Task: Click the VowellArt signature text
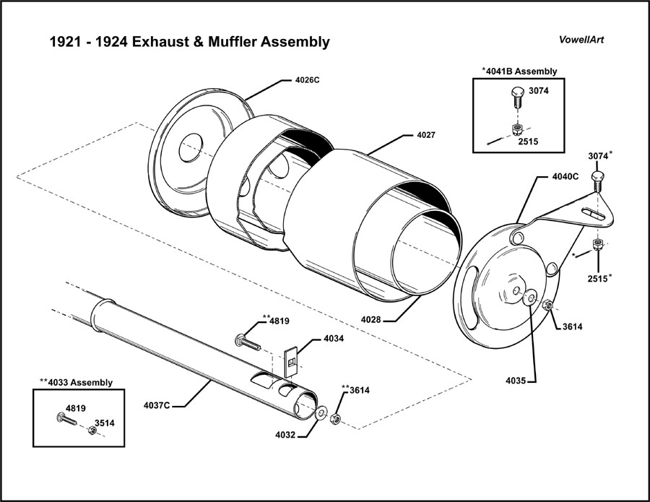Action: (582, 40)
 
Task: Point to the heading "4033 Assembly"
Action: (77, 383)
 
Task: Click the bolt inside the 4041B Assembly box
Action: (515, 97)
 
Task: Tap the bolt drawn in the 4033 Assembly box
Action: (67, 419)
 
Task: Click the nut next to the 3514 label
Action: (92, 430)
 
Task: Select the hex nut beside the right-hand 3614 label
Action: (548, 305)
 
